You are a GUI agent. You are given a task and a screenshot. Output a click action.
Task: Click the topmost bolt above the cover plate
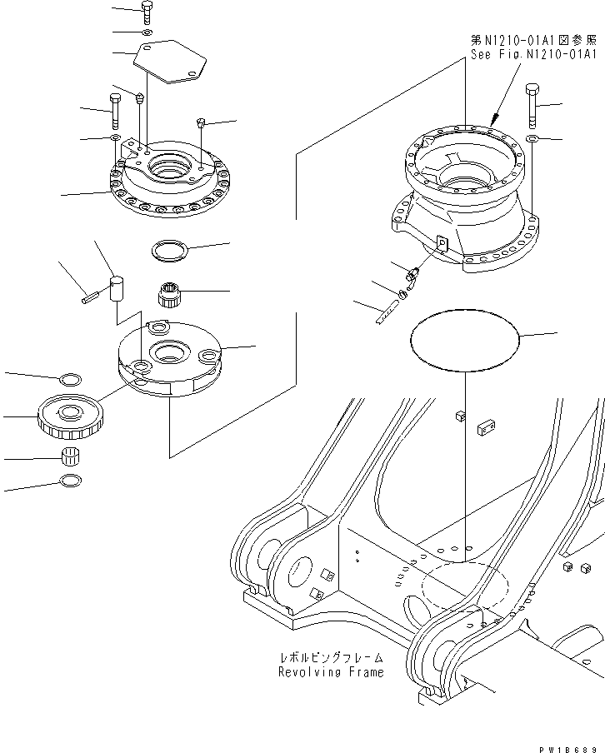tap(147, 12)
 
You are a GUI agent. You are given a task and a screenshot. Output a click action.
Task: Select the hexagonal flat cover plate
tap(170, 62)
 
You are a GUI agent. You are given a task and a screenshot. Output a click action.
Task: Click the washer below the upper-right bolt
tap(532, 137)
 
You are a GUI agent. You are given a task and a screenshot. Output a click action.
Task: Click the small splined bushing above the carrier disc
tap(170, 295)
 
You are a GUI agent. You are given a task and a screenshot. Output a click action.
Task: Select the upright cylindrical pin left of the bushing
tap(118, 288)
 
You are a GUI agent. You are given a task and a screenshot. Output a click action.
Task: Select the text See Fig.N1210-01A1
tap(531, 55)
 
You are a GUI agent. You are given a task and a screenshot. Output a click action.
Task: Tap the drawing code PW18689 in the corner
tap(569, 746)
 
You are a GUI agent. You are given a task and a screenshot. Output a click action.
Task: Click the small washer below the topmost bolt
tap(147, 32)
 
